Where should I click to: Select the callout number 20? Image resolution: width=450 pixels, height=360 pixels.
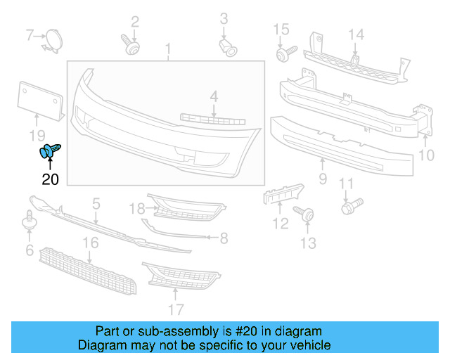[51, 179]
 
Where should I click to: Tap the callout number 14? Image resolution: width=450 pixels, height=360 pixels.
[356, 34]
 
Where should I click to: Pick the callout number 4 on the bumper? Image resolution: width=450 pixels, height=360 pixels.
[213, 96]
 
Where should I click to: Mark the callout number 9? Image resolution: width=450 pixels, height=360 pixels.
[323, 179]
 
